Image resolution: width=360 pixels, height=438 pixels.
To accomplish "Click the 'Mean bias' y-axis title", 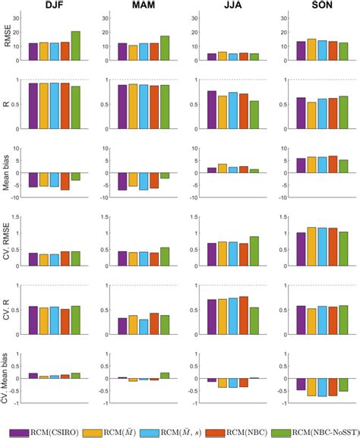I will [x=9, y=173].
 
